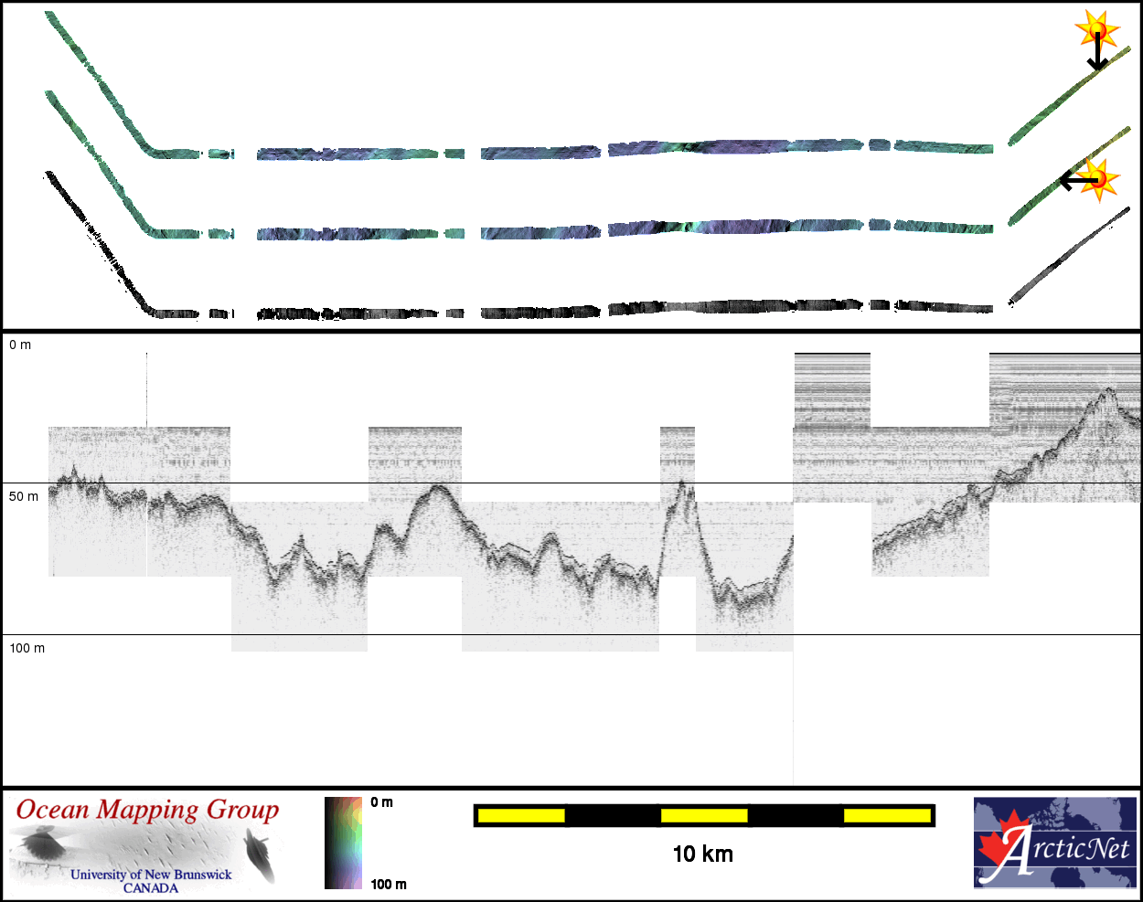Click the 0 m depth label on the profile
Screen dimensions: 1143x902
(19, 345)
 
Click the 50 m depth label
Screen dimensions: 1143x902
(24, 497)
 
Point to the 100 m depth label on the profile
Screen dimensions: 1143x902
(27, 648)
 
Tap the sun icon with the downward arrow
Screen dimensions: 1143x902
(1097, 29)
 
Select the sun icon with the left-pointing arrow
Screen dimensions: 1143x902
(1098, 179)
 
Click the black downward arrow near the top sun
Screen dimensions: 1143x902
(1097, 51)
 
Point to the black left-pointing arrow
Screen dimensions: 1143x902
(1079, 181)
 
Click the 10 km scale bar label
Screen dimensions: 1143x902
(702, 854)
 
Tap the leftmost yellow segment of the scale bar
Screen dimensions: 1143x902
(521, 815)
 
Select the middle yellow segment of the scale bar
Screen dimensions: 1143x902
(704, 815)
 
